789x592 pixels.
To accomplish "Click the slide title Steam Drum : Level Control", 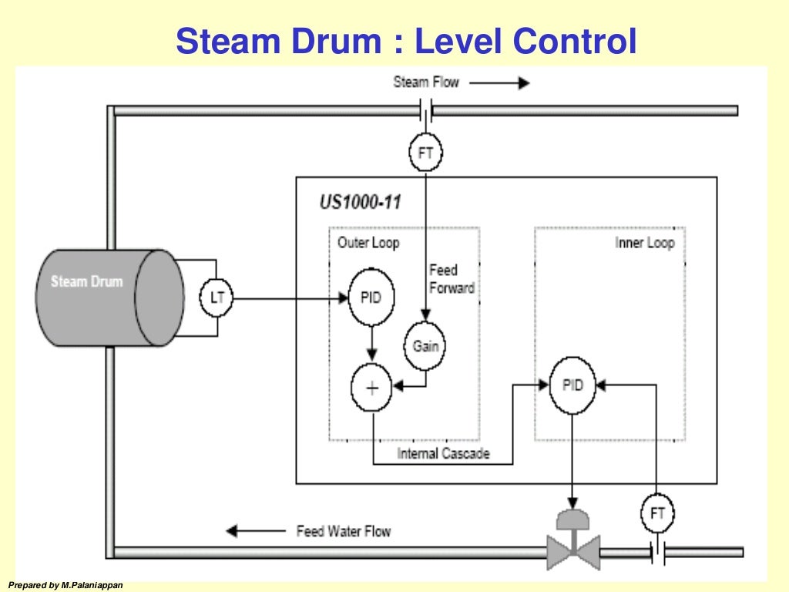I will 406,41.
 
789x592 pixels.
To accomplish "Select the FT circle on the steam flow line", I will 425,153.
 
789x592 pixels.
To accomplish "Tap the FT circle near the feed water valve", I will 657,513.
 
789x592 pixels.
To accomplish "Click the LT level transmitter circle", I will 217,298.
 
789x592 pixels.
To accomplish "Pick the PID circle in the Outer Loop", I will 371,298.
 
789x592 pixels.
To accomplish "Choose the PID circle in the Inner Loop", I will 572,384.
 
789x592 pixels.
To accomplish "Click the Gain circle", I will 425,345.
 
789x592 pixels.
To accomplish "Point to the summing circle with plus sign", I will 371,388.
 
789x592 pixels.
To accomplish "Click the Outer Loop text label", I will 368,243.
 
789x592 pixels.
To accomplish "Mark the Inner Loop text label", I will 644,243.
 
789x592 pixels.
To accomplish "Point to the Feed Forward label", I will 452,279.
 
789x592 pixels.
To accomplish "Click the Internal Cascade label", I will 443,453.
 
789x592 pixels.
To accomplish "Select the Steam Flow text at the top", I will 426,82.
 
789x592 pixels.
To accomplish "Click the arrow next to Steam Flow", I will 499,82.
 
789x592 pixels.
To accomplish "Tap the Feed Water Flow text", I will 343,531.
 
